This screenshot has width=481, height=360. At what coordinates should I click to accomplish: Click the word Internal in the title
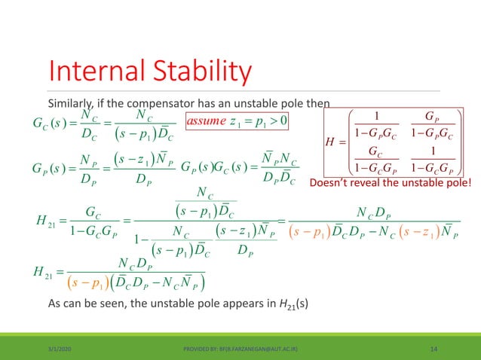coord(91,73)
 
